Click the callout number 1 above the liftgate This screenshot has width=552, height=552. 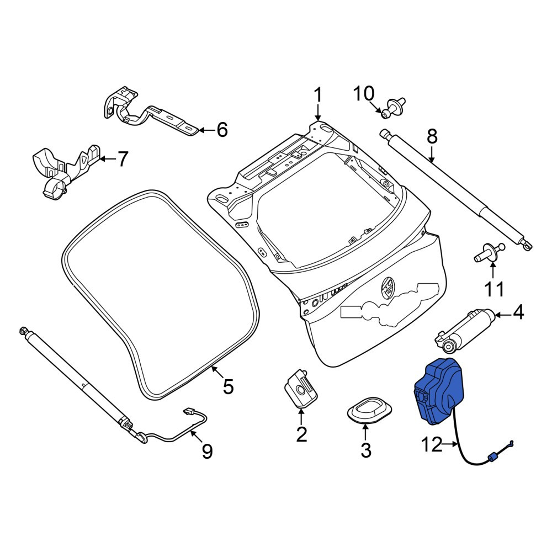317,95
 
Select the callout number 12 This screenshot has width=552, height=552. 432,444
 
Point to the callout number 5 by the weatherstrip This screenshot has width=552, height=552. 228,386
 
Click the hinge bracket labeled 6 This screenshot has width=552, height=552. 151,113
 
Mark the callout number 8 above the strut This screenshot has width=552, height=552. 432,136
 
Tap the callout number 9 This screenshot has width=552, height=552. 207,451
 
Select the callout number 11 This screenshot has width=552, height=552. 494,289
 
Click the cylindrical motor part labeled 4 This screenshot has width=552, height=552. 465,330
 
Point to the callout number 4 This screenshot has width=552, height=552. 518,312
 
